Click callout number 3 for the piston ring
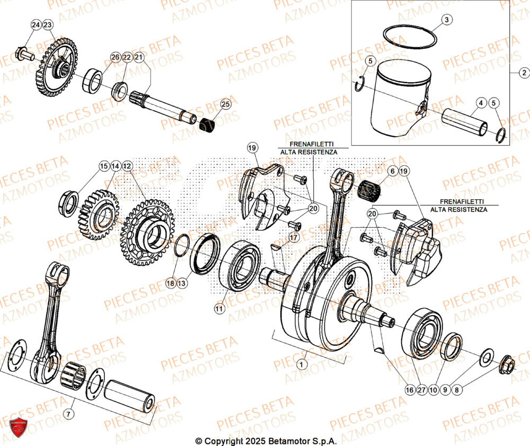(x=446, y=20)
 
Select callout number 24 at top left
(x=36, y=25)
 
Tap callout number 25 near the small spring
(x=226, y=104)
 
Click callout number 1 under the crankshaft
(x=302, y=364)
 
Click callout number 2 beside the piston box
(x=524, y=73)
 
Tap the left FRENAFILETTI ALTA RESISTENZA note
(x=308, y=148)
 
